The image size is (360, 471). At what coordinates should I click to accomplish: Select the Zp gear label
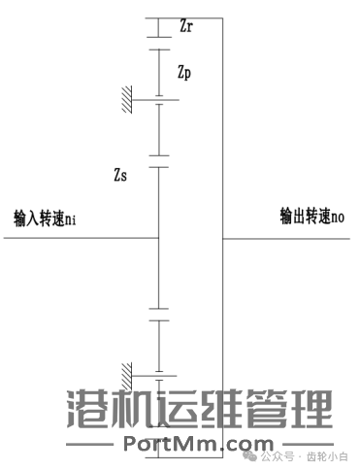(x=189, y=73)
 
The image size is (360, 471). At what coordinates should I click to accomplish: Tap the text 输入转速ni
(x=45, y=218)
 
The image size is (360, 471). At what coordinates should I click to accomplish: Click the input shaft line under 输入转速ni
(x=78, y=237)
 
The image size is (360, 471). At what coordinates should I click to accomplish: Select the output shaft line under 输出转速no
(x=291, y=237)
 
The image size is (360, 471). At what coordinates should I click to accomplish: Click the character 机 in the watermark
(x=132, y=410)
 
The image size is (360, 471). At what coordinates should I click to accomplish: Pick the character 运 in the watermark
(x=178, y=410)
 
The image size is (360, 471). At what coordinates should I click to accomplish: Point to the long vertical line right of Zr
(x=222, y=146)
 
